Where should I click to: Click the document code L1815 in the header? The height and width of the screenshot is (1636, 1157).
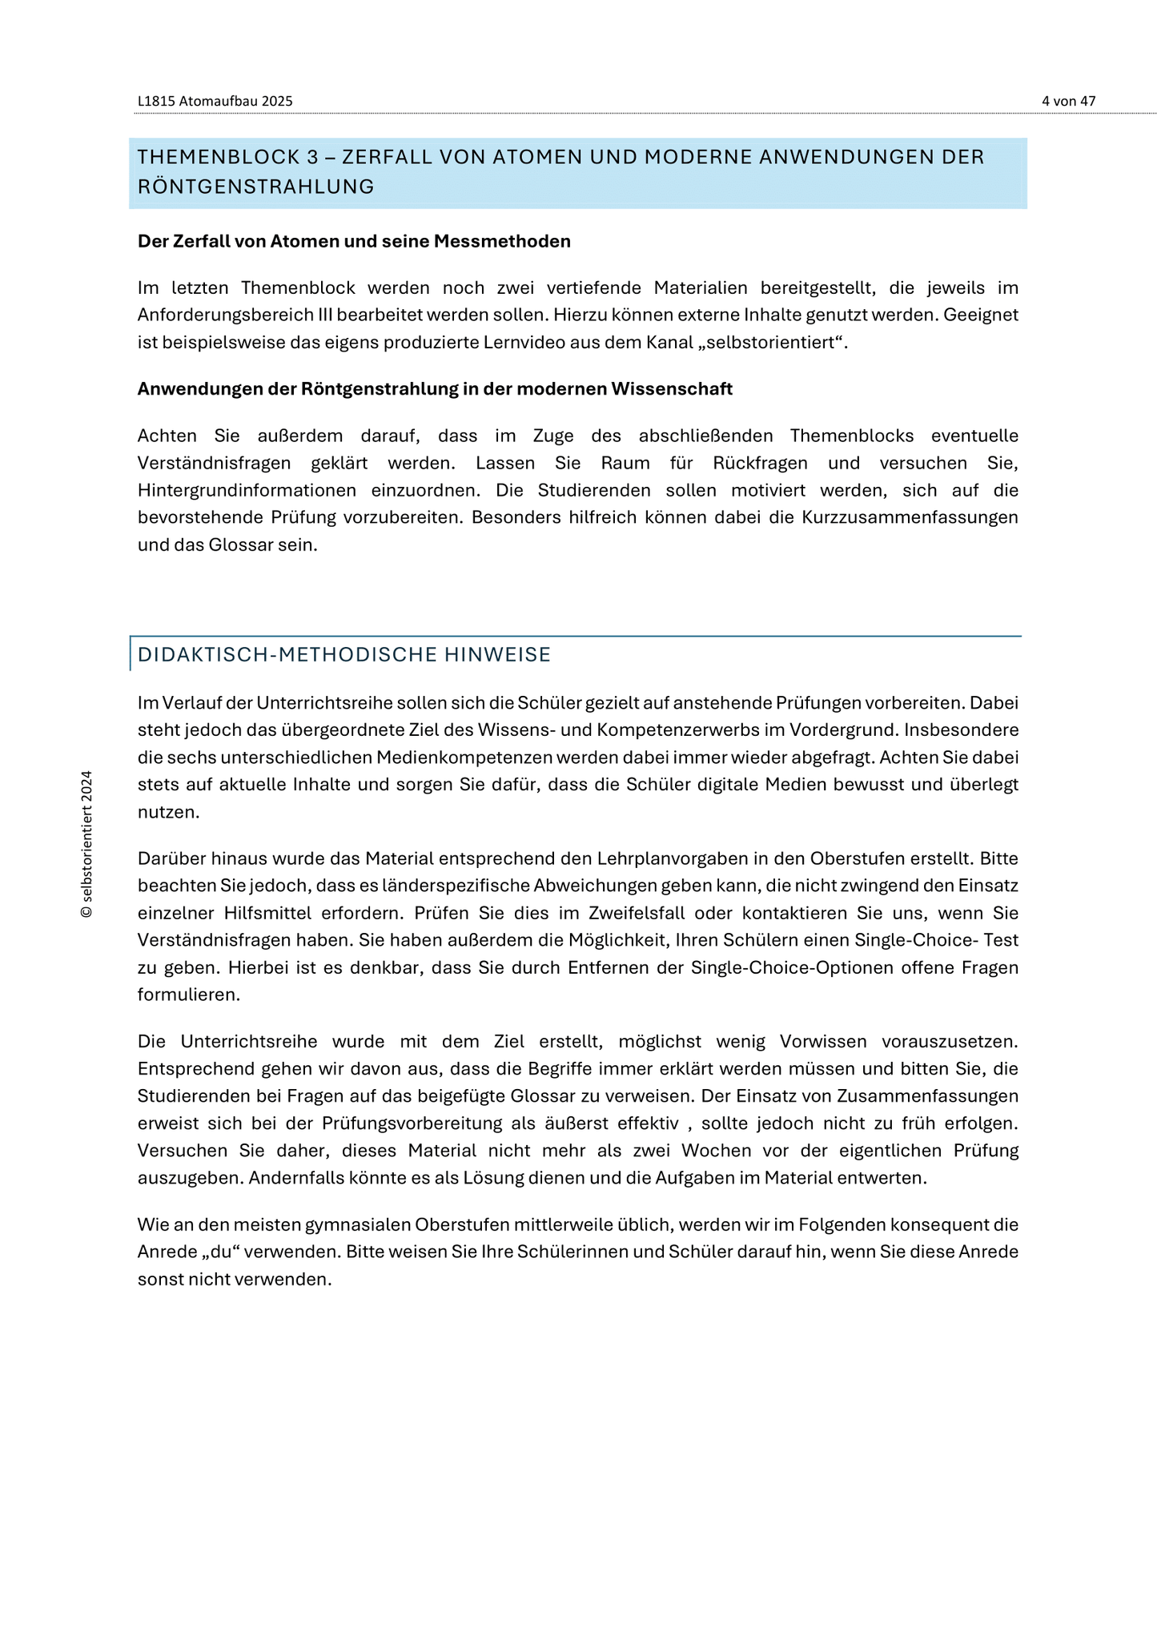156,101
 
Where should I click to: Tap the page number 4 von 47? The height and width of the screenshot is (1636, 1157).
1068,101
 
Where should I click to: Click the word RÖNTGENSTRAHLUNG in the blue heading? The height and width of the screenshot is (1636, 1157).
255,187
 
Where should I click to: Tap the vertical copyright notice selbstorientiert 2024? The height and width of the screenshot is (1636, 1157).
87,844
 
